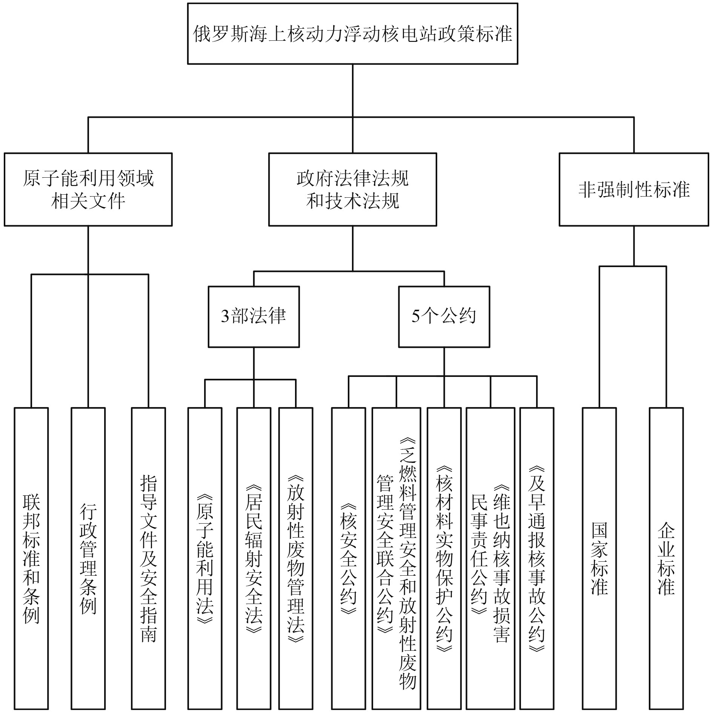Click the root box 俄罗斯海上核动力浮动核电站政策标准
(352, 34)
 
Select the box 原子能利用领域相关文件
(88, 189)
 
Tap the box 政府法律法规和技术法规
(352, 189)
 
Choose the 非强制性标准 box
(633, 189)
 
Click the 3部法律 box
(254, 317)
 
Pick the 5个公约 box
(444, 317)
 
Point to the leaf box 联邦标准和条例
(31, 558)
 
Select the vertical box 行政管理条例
(88, 558)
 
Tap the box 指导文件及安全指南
(148, 558)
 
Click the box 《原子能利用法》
(205, 558)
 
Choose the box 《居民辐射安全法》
(254, 558)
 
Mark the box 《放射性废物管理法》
(295, 558)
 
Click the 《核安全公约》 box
(348, 558)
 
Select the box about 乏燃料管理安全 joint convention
(396, 558)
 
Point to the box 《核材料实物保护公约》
(444, 558)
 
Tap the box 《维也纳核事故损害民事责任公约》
(490, 558)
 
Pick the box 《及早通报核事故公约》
(536, 558)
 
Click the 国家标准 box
(599, 558)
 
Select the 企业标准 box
(666, 558)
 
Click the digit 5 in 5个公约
(415, 317)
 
